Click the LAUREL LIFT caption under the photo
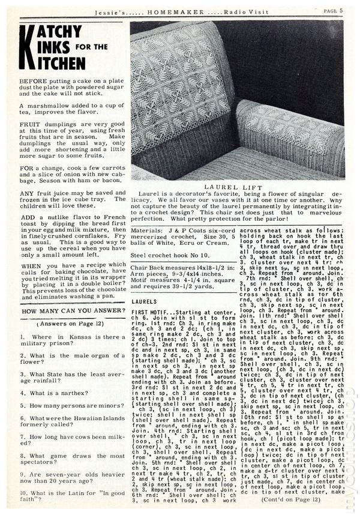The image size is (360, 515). (236, 187)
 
